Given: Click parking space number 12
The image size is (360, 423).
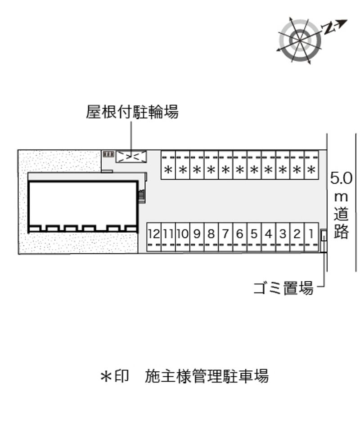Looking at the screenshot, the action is click(154, 237).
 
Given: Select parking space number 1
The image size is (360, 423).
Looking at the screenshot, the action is click(311, 237).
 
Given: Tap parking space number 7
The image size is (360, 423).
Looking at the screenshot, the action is click(225, 237).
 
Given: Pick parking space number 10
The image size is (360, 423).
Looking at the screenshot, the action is click(183, 237).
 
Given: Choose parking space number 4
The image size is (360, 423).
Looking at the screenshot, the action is click(269, 237).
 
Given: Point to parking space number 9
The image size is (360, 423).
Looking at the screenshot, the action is click(197, 237).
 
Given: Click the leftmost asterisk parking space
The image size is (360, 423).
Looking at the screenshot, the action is click(168, 165).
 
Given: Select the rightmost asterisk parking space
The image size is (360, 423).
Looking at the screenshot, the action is click(311, 165).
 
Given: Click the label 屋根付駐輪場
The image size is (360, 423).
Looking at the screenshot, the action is click(132, 112).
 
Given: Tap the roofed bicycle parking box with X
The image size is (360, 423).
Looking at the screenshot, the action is click(131, 157).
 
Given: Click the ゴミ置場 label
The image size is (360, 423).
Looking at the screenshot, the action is click(283, 288).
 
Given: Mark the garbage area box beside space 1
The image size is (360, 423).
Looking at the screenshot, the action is click(323, 235).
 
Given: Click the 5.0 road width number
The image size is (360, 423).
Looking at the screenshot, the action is click(341, 178).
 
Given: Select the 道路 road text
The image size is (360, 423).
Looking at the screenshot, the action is click(341, 223).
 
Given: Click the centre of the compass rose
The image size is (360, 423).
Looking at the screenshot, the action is click(300, 40).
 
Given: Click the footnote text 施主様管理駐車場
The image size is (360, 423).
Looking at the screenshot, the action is click(207, 376).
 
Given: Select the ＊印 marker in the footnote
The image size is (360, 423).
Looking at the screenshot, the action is click(114, 376).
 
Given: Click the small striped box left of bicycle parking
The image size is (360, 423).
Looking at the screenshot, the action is click(108, 154).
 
